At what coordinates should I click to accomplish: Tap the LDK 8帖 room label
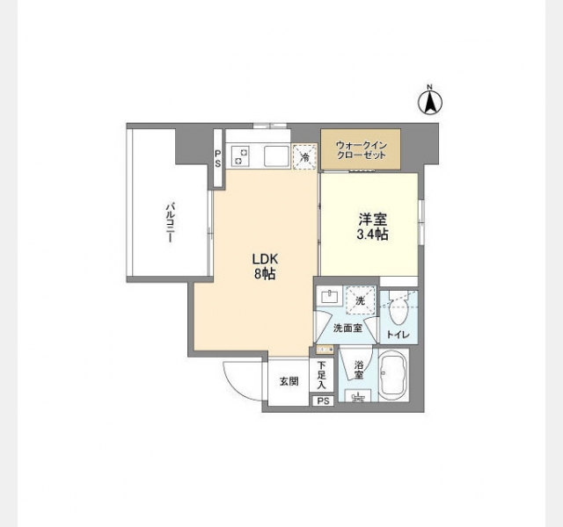pyautogui.click(x=265, y=266)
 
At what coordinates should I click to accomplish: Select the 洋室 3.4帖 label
pyautogui.click(x=372, y=227)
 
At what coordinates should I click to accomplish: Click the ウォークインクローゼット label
pyautogui.click(x=361, y=150)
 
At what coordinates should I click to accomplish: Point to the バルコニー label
pyautogui.click(x=171, y=222)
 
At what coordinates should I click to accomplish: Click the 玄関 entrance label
pyautogui.click(x=289, y=381)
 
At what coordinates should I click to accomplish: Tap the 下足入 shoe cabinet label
pyautogui.click(x=321, y=375)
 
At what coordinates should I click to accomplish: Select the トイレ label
pyautogui.click(x=398, y=335)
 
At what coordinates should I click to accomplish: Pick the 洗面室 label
pyautogui.click(x=347, y=328)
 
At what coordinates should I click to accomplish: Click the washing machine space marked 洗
pyautogui.click(x=360, y=301)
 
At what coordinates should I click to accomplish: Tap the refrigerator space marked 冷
pyautogui.click(x=305, y=156)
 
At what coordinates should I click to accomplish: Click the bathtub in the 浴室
pyautogui.click(x=393, y=376)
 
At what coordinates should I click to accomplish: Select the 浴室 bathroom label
pyautogui.click(x=359, y=370)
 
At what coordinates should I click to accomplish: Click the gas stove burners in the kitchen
pyautogui.click(x=240, y=156)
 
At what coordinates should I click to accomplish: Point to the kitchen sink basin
pyautogui.click(x=276, y=156)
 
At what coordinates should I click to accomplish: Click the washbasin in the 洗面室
pyautogui.click(x=329, y=297)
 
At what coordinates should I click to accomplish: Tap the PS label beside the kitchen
pyautogui.click(x=218, y=159)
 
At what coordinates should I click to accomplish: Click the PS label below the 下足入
pyautogui.click(x=323, y=401)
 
